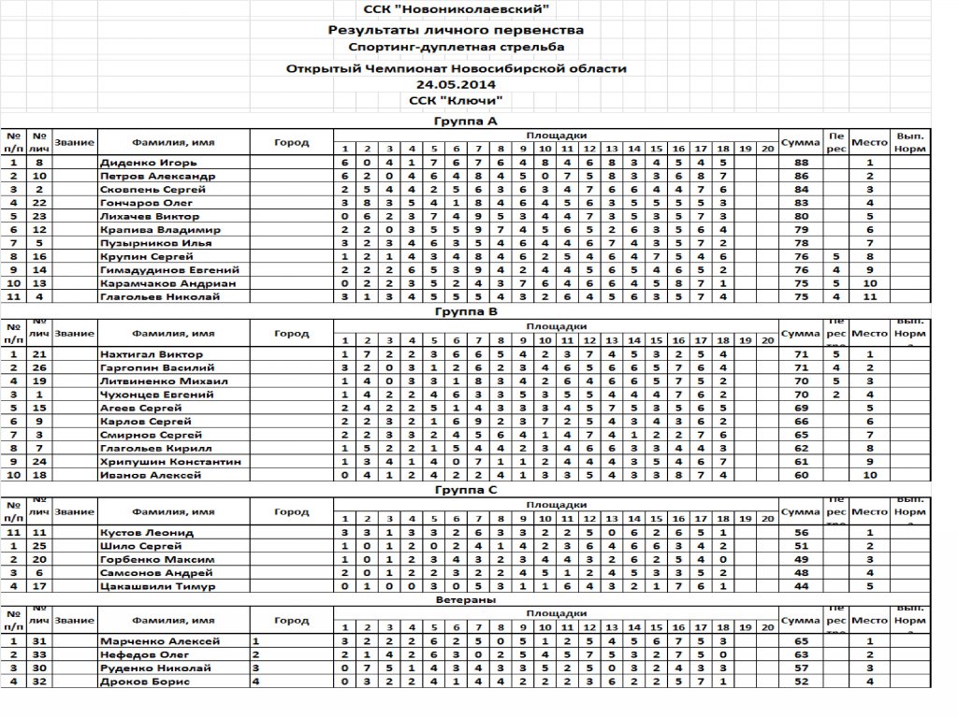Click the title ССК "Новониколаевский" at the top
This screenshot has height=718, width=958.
coord(456,10)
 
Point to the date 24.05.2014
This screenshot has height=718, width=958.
coord(456,84)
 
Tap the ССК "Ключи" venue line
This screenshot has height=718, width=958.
coord(456,100)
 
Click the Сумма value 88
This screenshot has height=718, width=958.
coord(801,163)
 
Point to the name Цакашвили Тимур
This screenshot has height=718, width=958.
coord(151,586)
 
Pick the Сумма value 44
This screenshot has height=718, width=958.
coord(801,586)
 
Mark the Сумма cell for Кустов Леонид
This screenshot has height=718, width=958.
coord(801,532)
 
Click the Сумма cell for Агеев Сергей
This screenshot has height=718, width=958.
coord(801,409)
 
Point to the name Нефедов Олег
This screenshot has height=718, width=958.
coord(139,654)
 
